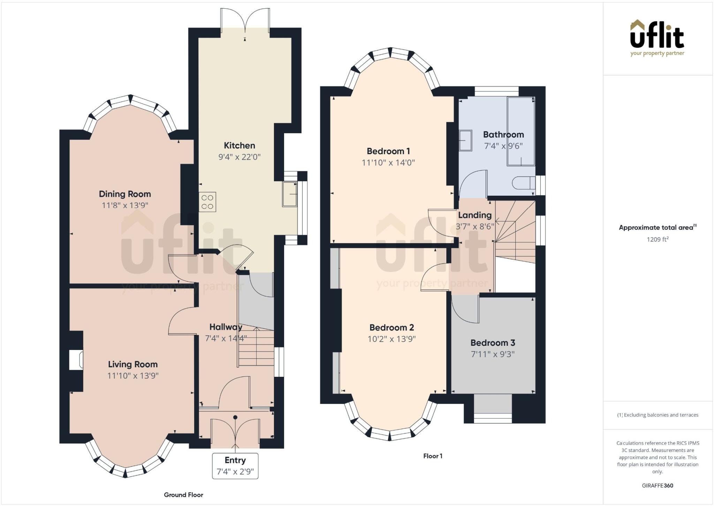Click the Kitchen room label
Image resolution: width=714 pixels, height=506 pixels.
(x=239, y=145)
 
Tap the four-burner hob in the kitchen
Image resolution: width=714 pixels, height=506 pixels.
(x=207, y=202)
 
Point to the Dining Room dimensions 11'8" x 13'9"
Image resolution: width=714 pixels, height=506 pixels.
(x=125, y=205)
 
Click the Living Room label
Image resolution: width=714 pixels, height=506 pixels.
(x=132, y=364)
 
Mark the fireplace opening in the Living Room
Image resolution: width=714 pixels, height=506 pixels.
(x=76, y=360)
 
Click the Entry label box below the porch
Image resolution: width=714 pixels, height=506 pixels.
(x=235, y=466)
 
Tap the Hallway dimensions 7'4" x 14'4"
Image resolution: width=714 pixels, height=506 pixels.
(x=226, y=338)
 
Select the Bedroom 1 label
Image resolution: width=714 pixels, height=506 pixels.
(x=388, y=151)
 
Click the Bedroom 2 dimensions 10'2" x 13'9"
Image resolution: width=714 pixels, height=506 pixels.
(x=392, y=339)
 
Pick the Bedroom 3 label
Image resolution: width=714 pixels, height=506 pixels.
(x=493, y=343)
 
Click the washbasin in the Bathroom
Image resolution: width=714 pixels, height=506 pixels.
(x=465, y=140)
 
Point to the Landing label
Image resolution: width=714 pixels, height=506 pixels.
(x=474, y=215)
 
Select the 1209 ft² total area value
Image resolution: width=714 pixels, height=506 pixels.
(x=658, y=239)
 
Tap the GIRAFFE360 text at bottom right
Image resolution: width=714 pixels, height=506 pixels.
(x=657, y=485)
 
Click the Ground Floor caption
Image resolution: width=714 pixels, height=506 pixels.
(x=183, y=495)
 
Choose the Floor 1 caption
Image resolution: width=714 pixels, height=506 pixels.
(x=433, y=456)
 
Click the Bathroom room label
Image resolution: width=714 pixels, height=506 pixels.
(x=503, y=134)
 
